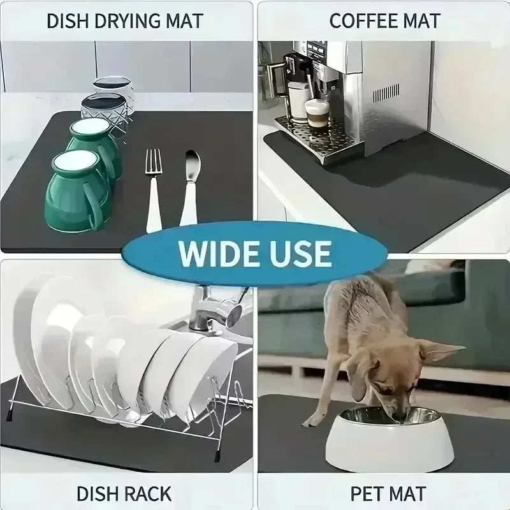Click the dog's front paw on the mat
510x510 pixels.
click(312, 421)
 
